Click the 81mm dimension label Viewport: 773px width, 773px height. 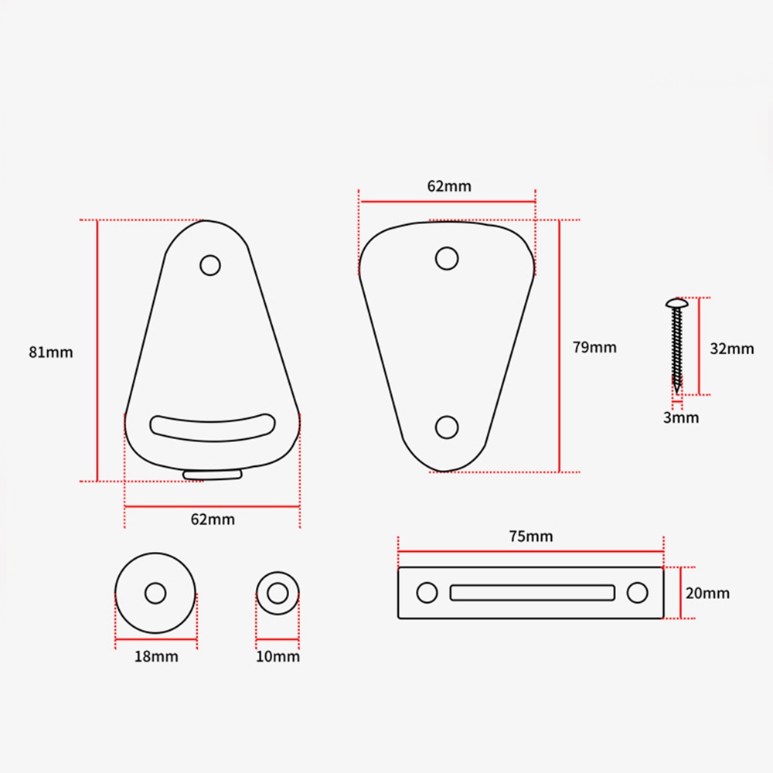coord(51,352)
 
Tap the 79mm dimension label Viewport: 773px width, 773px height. coord(594,348)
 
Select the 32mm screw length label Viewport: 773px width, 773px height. coord(731,349)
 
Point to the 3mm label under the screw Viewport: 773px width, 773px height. coord(681,418)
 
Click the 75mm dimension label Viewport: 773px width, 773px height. coord(531,536)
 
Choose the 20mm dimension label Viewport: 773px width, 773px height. coord(707,593)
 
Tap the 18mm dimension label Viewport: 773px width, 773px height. coord(156,656)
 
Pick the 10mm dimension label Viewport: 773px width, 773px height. coord(278,656)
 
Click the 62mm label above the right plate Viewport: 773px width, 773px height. coord(449,186)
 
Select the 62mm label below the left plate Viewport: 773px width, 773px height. coord(213,519)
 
